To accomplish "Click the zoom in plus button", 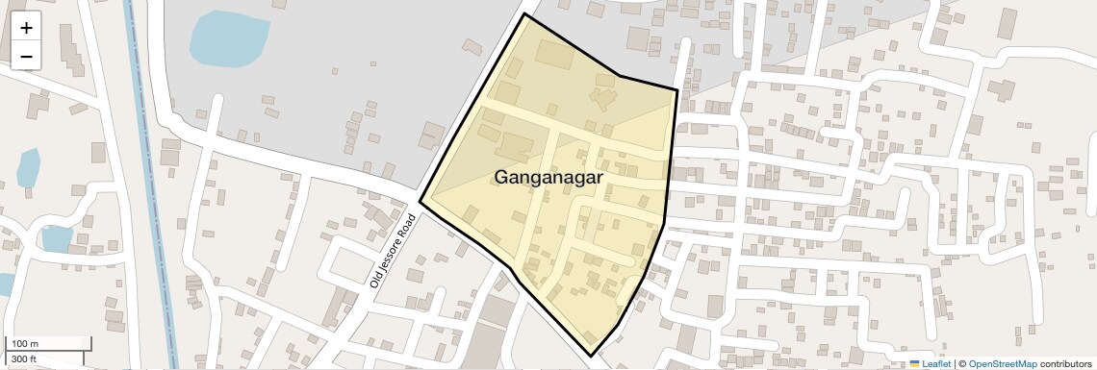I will pyautogui.click(x=26, y=28).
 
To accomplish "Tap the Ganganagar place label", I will pyautogui.click(x=548, y=178).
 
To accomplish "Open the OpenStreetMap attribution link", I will pyautogui.click(x=1003, y=364).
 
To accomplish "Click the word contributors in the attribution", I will pyautogui.click(x=1066, y=364).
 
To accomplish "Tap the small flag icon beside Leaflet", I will pyautogui.click(x=915, y=364).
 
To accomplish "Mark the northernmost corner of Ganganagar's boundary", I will pyautogui.click(x=524, y=14).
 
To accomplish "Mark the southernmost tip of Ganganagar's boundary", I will pyautogui.click(x=591, y=357).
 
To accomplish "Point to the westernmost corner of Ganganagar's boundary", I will pyautogui.click(x=420, y=202).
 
